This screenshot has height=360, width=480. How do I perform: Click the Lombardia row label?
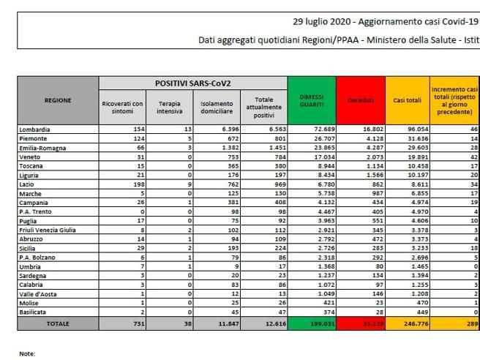[x=34, y=129]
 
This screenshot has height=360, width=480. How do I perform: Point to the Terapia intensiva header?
[x=169, y=108]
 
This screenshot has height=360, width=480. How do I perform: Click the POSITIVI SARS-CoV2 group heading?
[x=192, y=83]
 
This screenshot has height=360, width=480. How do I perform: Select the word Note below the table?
[x=27, y=353]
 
